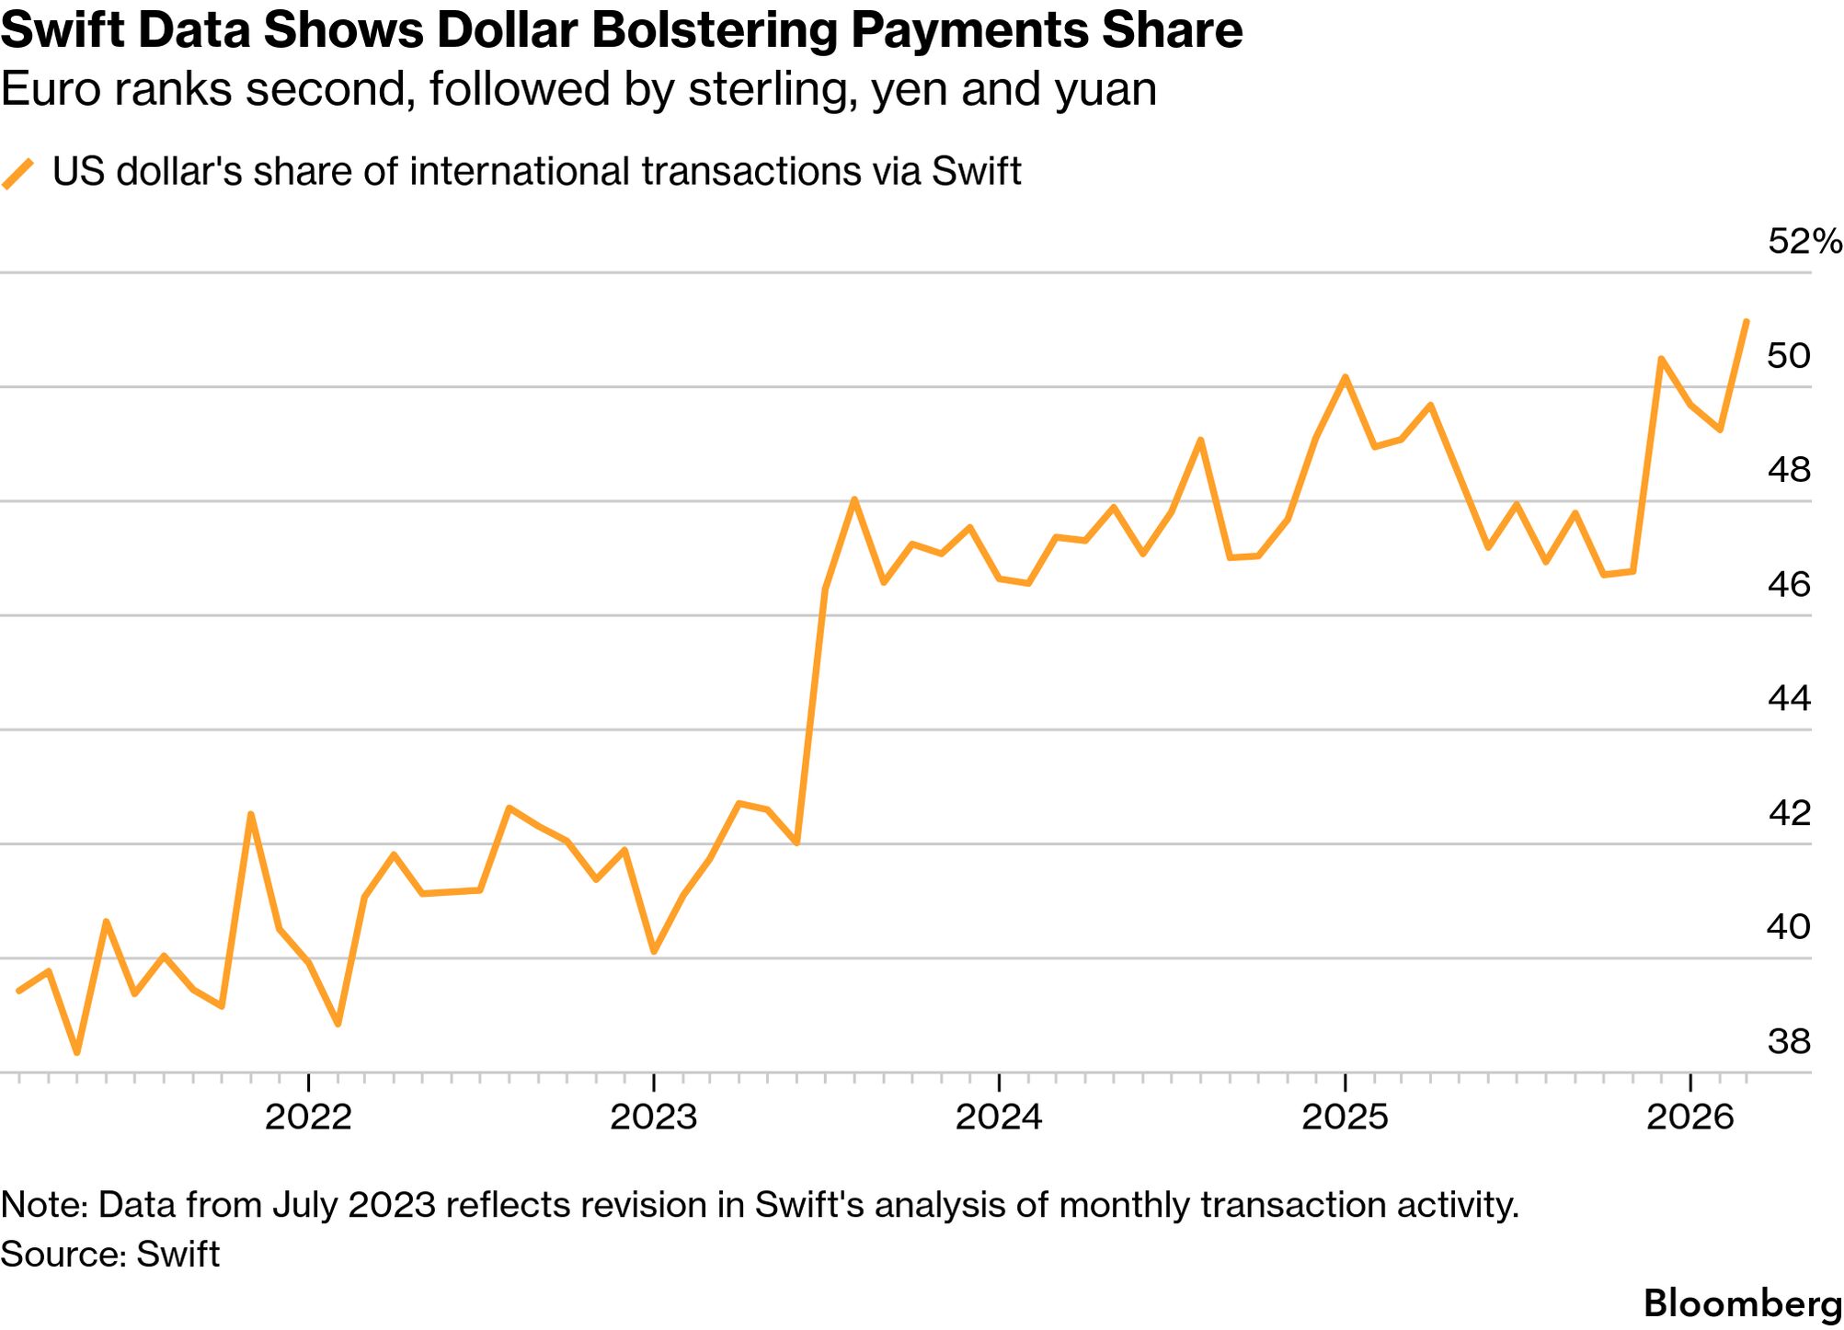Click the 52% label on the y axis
(x=1804, y=242)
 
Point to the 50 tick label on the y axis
(x=1789, y=356)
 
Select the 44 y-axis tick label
(x=1789, y=699)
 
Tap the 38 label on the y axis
(x=1789, y=1042)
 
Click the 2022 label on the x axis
(x=308, y=1118)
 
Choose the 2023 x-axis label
(x=654, y=1118)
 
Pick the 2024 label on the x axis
(x=999, y=1118)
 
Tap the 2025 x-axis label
(x=1345, y=1118)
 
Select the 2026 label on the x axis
(x=1689, y=1118)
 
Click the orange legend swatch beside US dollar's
(x=18, y=173)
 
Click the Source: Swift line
(x=110, y=1255)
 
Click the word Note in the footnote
(x=42, y=1206)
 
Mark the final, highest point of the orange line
(x=1747, y=322)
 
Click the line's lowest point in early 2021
(x=77, y=1053)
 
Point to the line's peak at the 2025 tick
(x=1345, y=377)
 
